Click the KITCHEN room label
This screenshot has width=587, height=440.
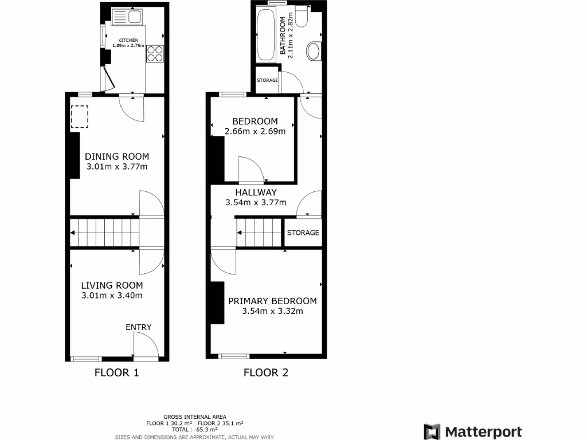click(126, 40)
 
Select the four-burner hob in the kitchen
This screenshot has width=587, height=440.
click(155, 53)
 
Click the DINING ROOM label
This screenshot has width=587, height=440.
click(117, 156)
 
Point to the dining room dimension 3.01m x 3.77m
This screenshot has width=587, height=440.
click(117, 167)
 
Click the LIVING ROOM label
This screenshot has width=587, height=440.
click(112, 285)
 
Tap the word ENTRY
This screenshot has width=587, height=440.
click(139, 327)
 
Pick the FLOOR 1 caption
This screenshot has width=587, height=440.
click(117, 373)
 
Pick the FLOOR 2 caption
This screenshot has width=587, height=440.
click(266, 373)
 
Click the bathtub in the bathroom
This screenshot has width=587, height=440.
click(265, 35)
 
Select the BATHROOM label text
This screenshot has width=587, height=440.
click(283, 36)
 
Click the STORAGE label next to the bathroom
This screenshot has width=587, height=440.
click(267, 80)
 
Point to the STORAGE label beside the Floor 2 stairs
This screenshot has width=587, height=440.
click(303, 233)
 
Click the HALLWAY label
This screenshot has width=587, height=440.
click(256, 192)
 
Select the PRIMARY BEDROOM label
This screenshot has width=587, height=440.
click(272, 301)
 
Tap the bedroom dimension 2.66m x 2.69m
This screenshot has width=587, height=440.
click(255, 132)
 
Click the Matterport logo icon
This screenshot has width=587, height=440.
click(432, 431)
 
